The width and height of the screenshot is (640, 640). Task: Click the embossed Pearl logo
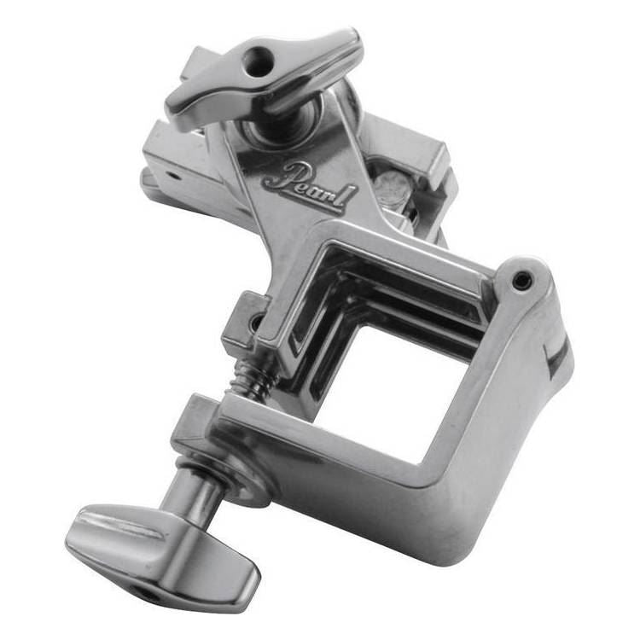tap(309, 185)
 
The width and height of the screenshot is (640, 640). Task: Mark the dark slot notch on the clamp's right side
tap(557, 358)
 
